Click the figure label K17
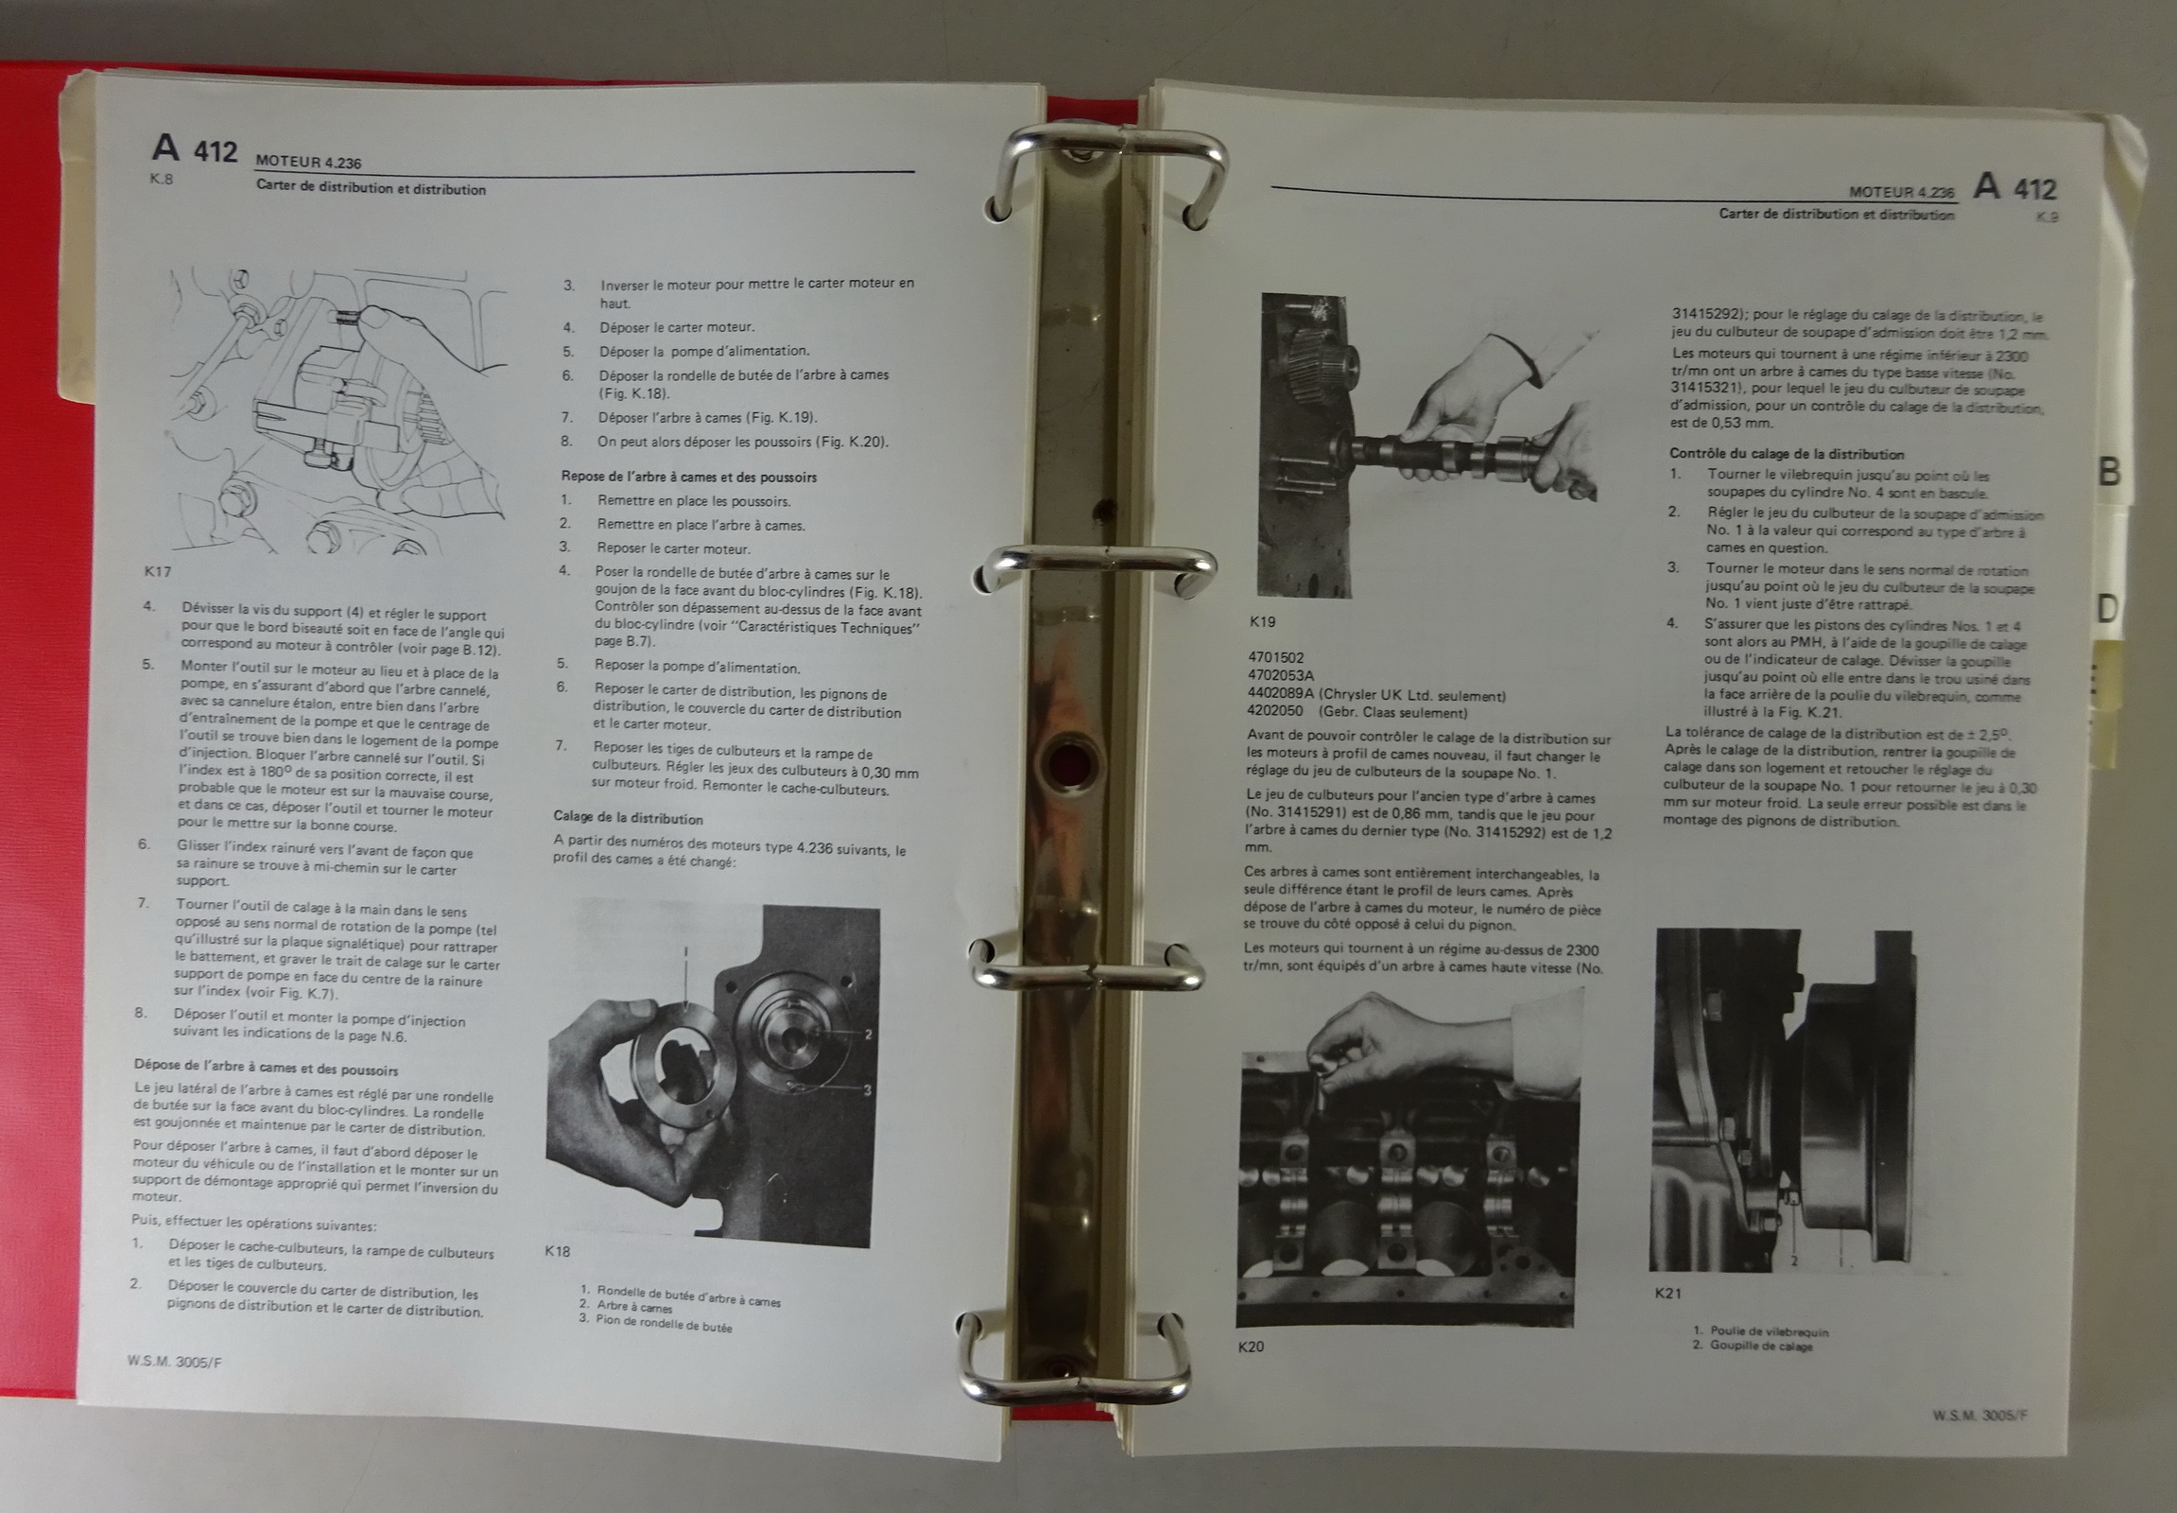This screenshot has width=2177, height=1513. tap(157, 572)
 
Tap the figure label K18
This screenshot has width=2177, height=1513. tap(558, 1251)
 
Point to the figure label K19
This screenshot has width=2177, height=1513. tap(1262, 622)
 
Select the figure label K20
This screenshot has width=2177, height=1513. tap(1250, 1347)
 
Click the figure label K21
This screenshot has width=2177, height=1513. tap(1667, 1293)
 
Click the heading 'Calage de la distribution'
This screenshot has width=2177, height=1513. tap(629, 818)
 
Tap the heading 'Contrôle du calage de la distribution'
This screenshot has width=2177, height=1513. tap(1787, 454)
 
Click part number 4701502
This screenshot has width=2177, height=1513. tap(1276, 657)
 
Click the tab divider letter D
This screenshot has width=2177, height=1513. tap(2107, 609)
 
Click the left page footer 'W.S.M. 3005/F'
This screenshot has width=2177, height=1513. tap(174, 1362)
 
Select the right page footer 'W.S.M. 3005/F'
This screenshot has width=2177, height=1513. tap(1979, 1416)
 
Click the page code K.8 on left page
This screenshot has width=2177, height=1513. tap(161, 178)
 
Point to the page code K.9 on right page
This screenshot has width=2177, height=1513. tap(2047, 217)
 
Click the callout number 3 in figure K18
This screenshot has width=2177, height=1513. tap(866, 1090)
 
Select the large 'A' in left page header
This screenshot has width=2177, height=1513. tap(165, 147)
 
